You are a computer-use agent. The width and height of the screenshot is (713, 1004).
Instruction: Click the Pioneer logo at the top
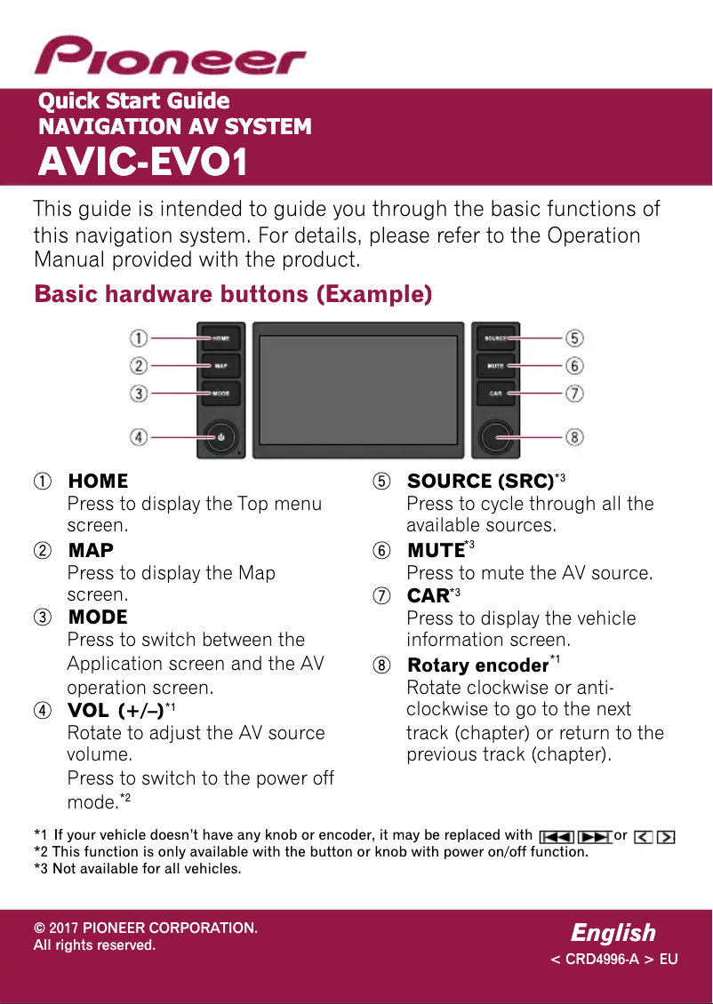click(x=169, y=56)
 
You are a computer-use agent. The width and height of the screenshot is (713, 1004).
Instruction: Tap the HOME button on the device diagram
click(x=220, y=338)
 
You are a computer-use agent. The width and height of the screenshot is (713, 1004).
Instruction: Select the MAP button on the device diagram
click(x=220, y=365)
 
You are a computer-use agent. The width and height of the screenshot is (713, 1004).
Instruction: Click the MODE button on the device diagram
click(x=220, y=393)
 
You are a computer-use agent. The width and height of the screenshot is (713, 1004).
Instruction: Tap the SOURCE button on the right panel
click(x=495, y=338)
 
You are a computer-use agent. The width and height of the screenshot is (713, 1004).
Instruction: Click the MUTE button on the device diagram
click(x=495, y=365)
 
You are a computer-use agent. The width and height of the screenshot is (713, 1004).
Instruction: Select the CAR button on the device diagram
click(x=495, y=393)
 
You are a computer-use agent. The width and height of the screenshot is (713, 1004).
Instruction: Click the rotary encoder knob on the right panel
click(x=495, y=435)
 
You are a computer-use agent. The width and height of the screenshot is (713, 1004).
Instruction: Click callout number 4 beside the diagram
click(x=139, y=436)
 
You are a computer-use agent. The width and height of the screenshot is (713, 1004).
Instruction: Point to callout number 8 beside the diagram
click(x=575, y=436)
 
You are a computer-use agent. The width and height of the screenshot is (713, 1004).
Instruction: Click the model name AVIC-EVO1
click(x=142, y=163)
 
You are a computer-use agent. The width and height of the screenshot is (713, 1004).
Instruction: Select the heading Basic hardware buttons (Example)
click(x=233, y=294)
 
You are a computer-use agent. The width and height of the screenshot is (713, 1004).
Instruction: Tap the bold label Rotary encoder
click(x=477, y=665)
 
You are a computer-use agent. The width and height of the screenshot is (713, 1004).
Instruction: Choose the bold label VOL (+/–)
click(x=116, y=710)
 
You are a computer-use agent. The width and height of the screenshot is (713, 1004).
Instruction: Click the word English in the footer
click(x=613, y=933)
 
